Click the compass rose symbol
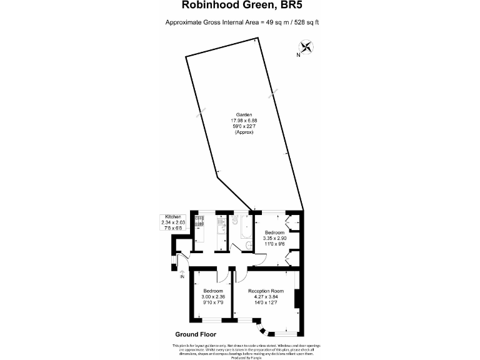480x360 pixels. tap(307, 46)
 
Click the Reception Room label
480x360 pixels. tap(266, 291)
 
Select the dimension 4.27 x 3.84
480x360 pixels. tap(266, 297)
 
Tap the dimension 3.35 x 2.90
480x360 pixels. tap(274, 239)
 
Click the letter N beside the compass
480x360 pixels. tap(298, 56)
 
